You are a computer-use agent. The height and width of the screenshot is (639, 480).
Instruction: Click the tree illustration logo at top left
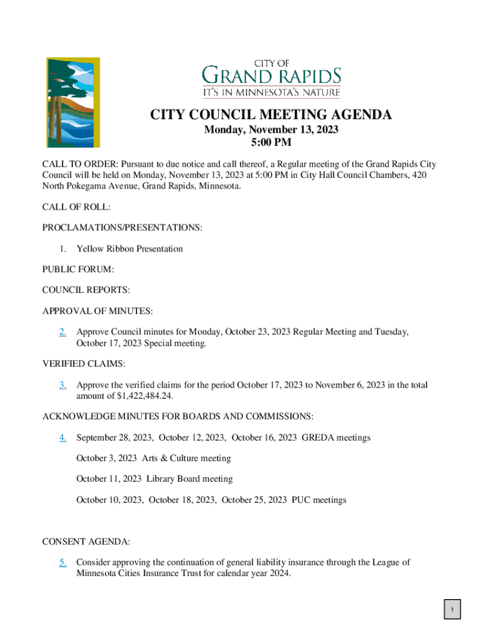(73, 102)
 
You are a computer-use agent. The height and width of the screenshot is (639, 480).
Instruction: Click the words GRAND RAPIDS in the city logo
(272, 77)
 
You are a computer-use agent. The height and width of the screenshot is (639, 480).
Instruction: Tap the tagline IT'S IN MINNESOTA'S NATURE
(272, 92)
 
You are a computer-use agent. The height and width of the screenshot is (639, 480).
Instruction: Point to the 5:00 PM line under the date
(271, 143)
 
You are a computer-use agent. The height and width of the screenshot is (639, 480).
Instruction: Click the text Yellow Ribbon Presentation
(130, 249)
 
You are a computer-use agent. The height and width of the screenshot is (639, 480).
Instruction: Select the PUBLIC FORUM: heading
(78, 270)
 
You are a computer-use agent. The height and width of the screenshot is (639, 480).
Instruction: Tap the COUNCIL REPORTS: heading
(86, 290)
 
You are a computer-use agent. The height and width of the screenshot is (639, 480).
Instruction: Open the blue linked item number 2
(63, 332)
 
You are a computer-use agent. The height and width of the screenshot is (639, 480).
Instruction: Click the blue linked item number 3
(63, 386)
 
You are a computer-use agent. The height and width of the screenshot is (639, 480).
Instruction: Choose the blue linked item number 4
(63, 437)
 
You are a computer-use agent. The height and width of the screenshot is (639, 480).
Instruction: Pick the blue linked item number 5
(63, 562)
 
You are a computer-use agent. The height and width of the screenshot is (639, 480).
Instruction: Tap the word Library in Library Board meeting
(161, 479)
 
